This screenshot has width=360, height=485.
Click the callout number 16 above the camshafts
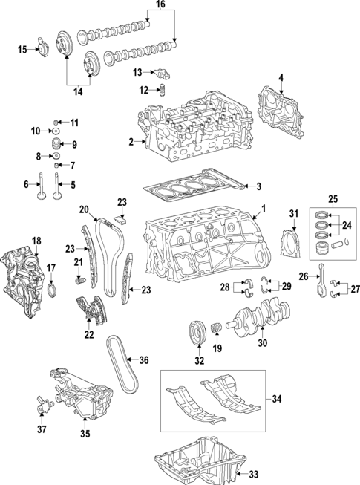tap(160, 6)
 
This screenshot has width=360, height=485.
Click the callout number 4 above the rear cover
tap(281, 78)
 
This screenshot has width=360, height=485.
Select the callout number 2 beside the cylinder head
tap(131, 141)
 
